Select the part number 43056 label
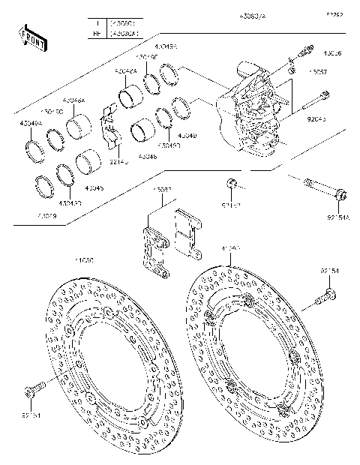332,53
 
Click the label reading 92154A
339,217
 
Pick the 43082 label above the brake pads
163,190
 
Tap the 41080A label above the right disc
230,247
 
